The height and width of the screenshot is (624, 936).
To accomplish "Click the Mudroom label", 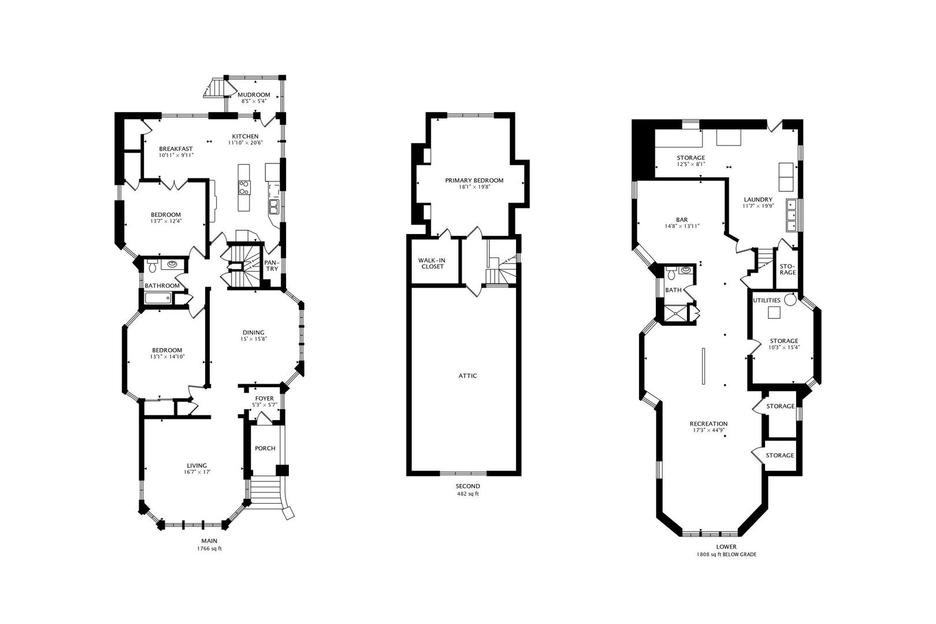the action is pos(254,95).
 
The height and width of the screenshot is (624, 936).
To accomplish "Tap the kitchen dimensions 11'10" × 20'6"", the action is pos(246,143).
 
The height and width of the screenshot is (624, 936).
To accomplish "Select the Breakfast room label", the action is pos(176,149).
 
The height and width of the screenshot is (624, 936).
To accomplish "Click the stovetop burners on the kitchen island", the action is pos(244,188).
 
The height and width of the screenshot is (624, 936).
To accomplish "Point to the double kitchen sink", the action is pos(274,206).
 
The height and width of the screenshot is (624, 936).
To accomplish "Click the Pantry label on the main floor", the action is pos(272,265).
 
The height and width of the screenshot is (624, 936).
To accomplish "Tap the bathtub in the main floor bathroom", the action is pos(158,298).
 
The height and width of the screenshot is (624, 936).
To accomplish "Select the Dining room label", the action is pos(253,333).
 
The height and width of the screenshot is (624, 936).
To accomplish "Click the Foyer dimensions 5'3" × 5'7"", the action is pos(264,405).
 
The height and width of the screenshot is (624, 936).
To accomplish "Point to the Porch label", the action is pos(265,448).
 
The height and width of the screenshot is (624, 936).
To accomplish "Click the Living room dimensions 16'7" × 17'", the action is pos(197,472).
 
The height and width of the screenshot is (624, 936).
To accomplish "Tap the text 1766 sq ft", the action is pos(209,548).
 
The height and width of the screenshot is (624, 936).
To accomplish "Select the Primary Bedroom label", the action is pos(474,180).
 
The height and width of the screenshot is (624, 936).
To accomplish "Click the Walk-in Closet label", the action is pos(432,263).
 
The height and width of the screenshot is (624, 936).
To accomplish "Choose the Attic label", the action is pos(467,376).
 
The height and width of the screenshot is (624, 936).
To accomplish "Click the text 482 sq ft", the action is pos(467,493).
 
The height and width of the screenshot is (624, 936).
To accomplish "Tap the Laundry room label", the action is pos(758,199).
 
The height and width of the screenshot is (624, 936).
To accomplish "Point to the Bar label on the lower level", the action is pos(682,220).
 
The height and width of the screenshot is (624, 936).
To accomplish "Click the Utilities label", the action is pos(767,300).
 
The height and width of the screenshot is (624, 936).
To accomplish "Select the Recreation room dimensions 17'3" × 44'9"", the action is pos(709,430).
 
